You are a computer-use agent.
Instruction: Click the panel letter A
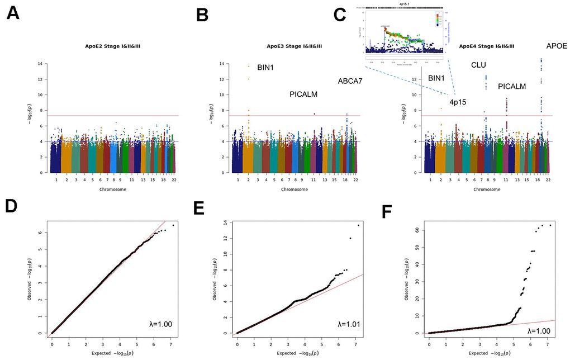(14, 15)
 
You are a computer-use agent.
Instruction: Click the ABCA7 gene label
(350, 81)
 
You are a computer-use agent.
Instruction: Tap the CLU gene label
(479, 65)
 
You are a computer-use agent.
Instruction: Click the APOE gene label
(556, 46)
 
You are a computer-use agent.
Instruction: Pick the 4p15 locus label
(458, 102)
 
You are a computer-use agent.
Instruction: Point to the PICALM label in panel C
(512, 87)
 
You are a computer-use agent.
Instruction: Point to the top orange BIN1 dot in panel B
(249, 67)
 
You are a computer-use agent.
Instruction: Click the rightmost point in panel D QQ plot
(173, 225)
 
